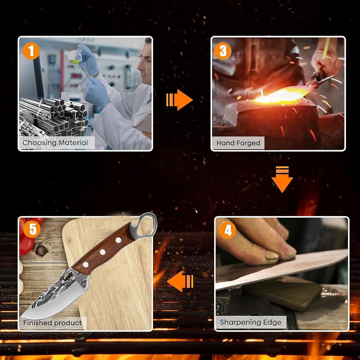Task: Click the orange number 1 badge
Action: click(x=31, y=51)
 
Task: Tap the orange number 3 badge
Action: click(x=222, y=51)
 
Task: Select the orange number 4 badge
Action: click(x=227, y=230)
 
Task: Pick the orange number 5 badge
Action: click(x=32, y=229)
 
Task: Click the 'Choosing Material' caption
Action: click(x=55, y=143)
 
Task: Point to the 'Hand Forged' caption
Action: click(x=238, y=143)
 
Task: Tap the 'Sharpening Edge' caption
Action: click(x=251, y=322)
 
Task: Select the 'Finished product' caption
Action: click(x=52, y=323)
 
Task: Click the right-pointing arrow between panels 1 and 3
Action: click(x=179, y=100)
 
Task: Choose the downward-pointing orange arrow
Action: click(x=282, y=179)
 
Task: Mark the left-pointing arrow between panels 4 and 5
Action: click(x=180, y=281)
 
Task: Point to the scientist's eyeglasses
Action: click(x=144, y=60)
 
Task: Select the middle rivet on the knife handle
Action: click(x=102, y=252)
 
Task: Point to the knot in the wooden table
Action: click(x=41, y=251)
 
